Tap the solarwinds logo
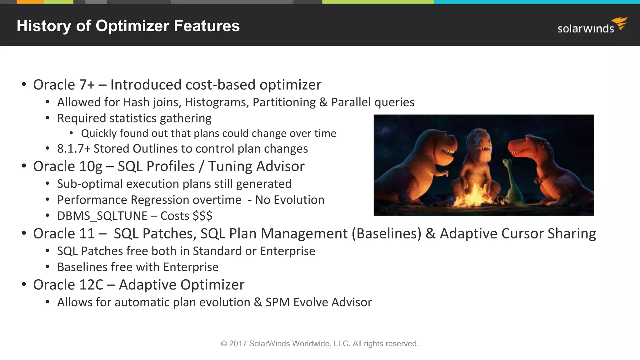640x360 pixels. click(591, 26)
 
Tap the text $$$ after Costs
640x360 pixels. click(202, 216)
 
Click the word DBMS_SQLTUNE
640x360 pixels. click(102, 216)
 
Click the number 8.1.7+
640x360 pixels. click(74, 149)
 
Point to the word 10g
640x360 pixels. click(90, 167)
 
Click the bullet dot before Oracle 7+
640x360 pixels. click(24, 85)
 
